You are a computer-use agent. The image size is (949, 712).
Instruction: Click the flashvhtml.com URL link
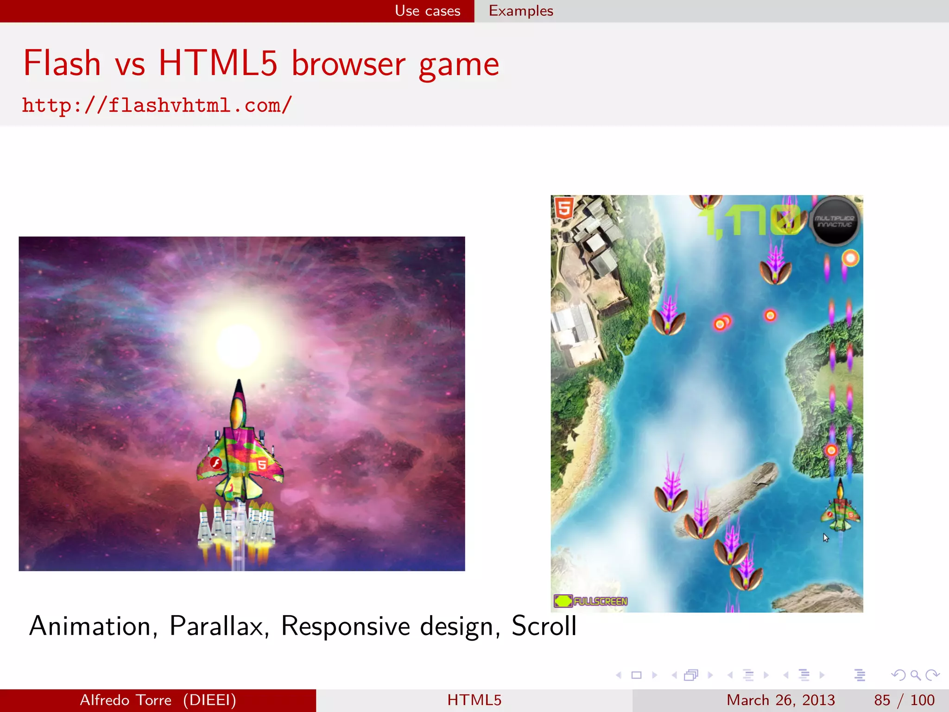157,105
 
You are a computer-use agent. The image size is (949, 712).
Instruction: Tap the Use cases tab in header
427,11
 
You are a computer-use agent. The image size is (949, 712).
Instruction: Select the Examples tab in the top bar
521,11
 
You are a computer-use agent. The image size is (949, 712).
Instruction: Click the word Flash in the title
62,64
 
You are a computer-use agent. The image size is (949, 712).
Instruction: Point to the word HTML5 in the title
218,64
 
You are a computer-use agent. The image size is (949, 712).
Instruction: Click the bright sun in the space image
238,345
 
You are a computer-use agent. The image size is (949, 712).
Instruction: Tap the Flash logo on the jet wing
215,462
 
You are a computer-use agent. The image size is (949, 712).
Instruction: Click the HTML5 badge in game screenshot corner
564,208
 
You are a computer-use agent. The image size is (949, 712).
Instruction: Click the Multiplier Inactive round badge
835,221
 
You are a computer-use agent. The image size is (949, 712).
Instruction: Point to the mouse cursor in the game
825,537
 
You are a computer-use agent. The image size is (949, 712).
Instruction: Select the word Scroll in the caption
544,626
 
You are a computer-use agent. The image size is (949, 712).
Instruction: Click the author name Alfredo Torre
126,700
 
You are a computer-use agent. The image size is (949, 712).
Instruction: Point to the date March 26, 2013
780,700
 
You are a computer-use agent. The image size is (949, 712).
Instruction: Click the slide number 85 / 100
904,700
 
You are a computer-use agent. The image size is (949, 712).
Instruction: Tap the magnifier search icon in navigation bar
915,675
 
